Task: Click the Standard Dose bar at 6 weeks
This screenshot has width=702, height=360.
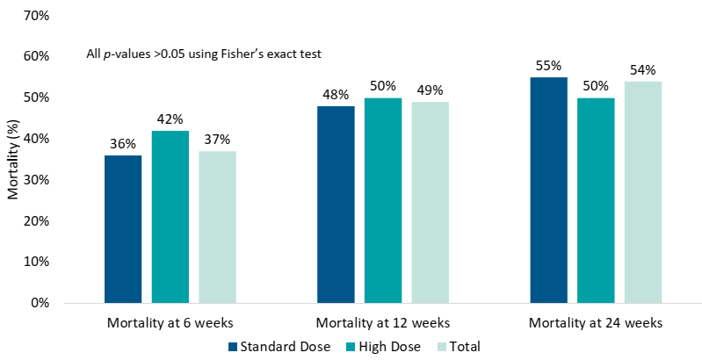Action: click(x=123, y=229)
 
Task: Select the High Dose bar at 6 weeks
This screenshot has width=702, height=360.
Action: click(x=170, y=217)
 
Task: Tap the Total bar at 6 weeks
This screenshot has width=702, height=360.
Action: click(x=217, y=227)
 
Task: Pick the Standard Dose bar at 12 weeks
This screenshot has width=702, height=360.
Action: click(x=336, y=205)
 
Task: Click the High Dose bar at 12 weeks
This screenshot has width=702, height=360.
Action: click(x=383, y=200)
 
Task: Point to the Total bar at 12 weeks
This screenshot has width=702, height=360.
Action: click(x=430, y=202)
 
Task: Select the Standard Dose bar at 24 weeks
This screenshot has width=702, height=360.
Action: click(x=548, y=190)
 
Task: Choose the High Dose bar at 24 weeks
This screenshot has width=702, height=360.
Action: click(x=596, y=200)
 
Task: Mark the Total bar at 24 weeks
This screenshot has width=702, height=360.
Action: click(x=643, y=192)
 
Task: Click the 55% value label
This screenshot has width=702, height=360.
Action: click(x=548, y=66)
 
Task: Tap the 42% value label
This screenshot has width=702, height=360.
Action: click(x=170, y=119)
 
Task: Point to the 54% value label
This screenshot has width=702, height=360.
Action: click(x=643, y=70)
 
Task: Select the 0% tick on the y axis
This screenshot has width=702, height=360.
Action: click(x=40, y=303)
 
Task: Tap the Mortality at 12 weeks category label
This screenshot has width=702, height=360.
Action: click(x=382, y=323)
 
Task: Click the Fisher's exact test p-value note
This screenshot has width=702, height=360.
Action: click(x=204, y=54)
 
